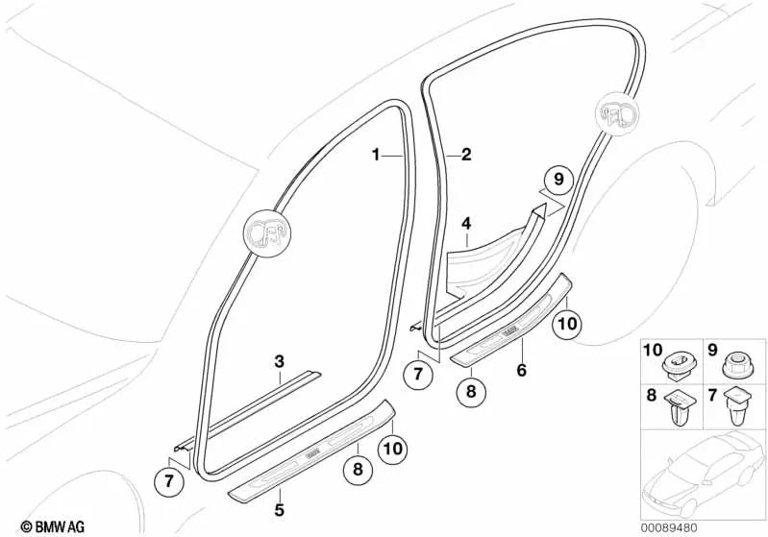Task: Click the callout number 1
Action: click(x=377, y=154)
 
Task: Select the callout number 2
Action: click(x=466, y=154)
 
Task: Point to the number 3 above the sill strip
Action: click(x=279, y=361)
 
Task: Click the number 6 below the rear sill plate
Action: click(x=520, y=368)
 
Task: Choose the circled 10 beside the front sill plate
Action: click(x=391, y=447)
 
